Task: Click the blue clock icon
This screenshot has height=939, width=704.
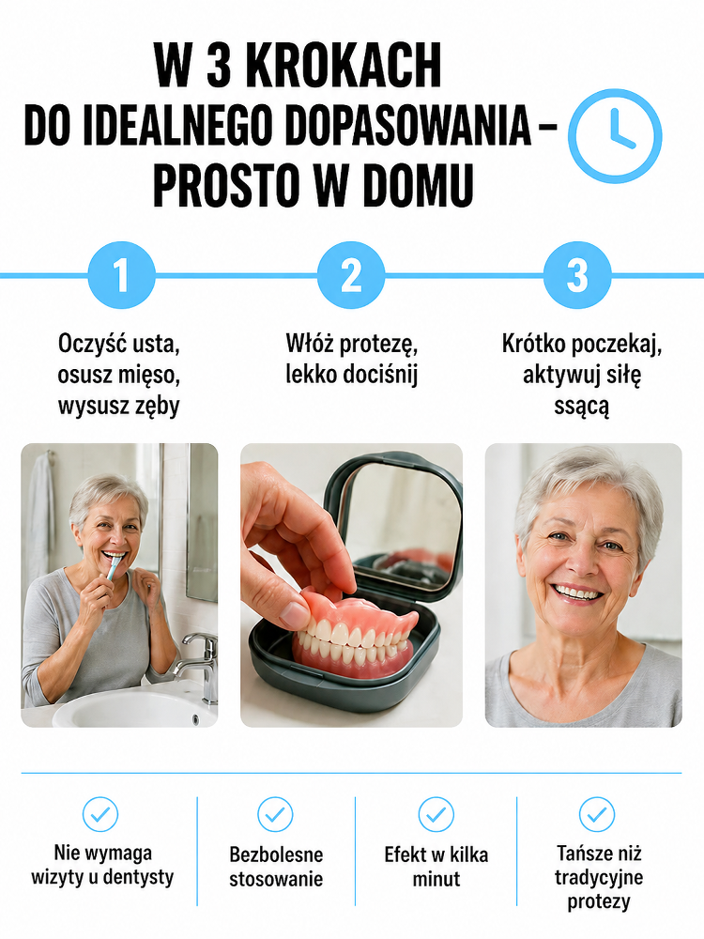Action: click(615, 136)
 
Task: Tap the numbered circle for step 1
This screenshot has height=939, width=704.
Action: click(121, 275)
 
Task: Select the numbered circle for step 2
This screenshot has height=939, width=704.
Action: click(351, 275)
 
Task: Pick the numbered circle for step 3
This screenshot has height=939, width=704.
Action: click(577, 275)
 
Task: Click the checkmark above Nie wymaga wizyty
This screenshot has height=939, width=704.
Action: click(100, 814)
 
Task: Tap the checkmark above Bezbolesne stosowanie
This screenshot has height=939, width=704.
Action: click(275, 814)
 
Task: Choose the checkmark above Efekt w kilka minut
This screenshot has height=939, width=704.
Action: click(436, 814)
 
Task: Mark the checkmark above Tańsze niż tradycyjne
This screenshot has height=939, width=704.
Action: click(597, 814)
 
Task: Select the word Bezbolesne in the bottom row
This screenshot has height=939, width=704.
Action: click(276, 854)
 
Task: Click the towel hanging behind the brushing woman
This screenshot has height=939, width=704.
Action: click(38, 515)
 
